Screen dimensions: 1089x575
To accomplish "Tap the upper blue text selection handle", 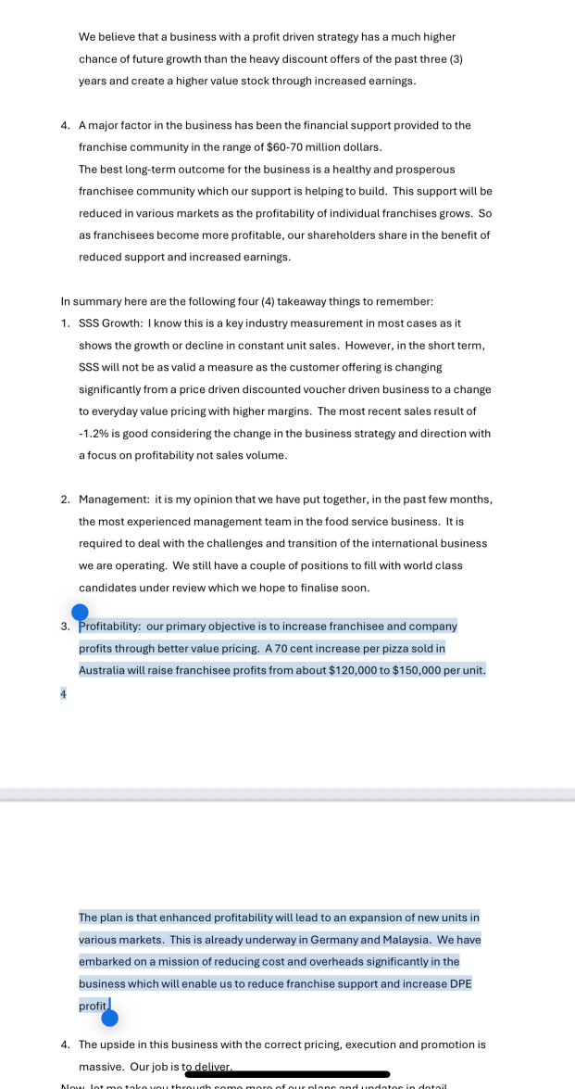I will [x=80, y=612].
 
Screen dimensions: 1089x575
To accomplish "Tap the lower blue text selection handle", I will [x=109, y=1018].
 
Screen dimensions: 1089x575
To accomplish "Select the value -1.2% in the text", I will [x=96, y=433].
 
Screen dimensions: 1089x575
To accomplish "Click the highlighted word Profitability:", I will [x=110, y=626].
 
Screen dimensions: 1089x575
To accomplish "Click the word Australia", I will [x=105, y=670].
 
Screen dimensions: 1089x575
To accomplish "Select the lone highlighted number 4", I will [x=63, y=693].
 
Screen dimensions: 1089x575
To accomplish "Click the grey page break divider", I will [x=287, y=794].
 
